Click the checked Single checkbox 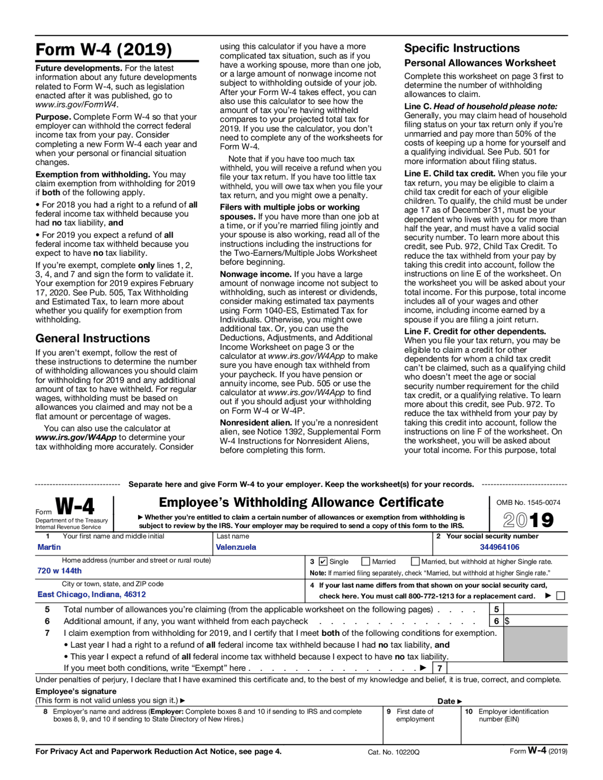coord(323,561)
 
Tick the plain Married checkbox coord(366,561)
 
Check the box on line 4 coord(561,596)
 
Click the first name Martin coord(49,547)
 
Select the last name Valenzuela coord(236,547)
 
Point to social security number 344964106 coord(499,547)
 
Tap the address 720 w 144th coord(59,570)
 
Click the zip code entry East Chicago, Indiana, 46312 coord(91,594)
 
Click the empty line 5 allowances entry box coord(535,609)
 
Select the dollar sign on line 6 coord(507,621)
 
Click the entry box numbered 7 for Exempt coord(507,668)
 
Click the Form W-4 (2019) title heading coord(104,50)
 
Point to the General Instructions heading coord(92,338)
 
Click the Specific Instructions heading coord(462,48)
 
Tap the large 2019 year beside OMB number coord(528,520)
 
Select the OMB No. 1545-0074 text coord(528,503)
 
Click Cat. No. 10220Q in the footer coord(393,752)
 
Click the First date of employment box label coord(415,715)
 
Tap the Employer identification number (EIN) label coord(513,715)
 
